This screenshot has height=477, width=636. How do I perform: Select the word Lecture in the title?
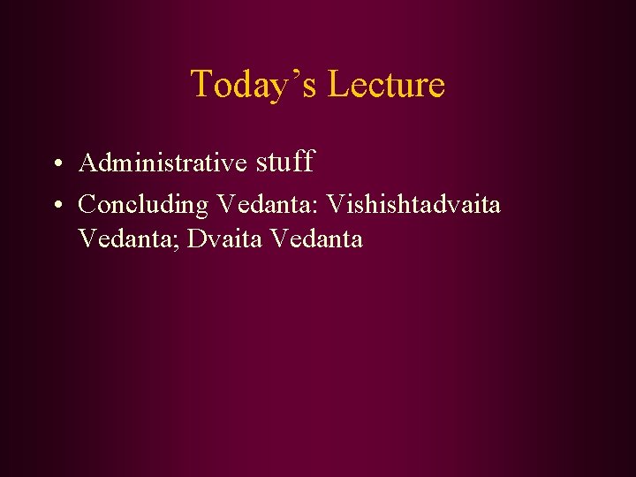pos(386,85)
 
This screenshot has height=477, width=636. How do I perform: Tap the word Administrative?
pos(163,163)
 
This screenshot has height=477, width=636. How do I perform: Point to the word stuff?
pos(285,162)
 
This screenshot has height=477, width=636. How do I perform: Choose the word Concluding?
pos(143,205)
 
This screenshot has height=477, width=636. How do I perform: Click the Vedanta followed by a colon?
pos(268,205)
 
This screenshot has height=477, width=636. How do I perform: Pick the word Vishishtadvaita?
pos(413,205)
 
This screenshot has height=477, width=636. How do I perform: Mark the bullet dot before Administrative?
pos(56,164)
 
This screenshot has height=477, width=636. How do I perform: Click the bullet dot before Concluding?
pos(56,206)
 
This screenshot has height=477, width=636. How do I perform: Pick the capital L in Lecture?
pos(337,85)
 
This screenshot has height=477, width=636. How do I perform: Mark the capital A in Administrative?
pos(87,163)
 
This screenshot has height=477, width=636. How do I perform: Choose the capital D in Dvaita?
pos(195,239)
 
